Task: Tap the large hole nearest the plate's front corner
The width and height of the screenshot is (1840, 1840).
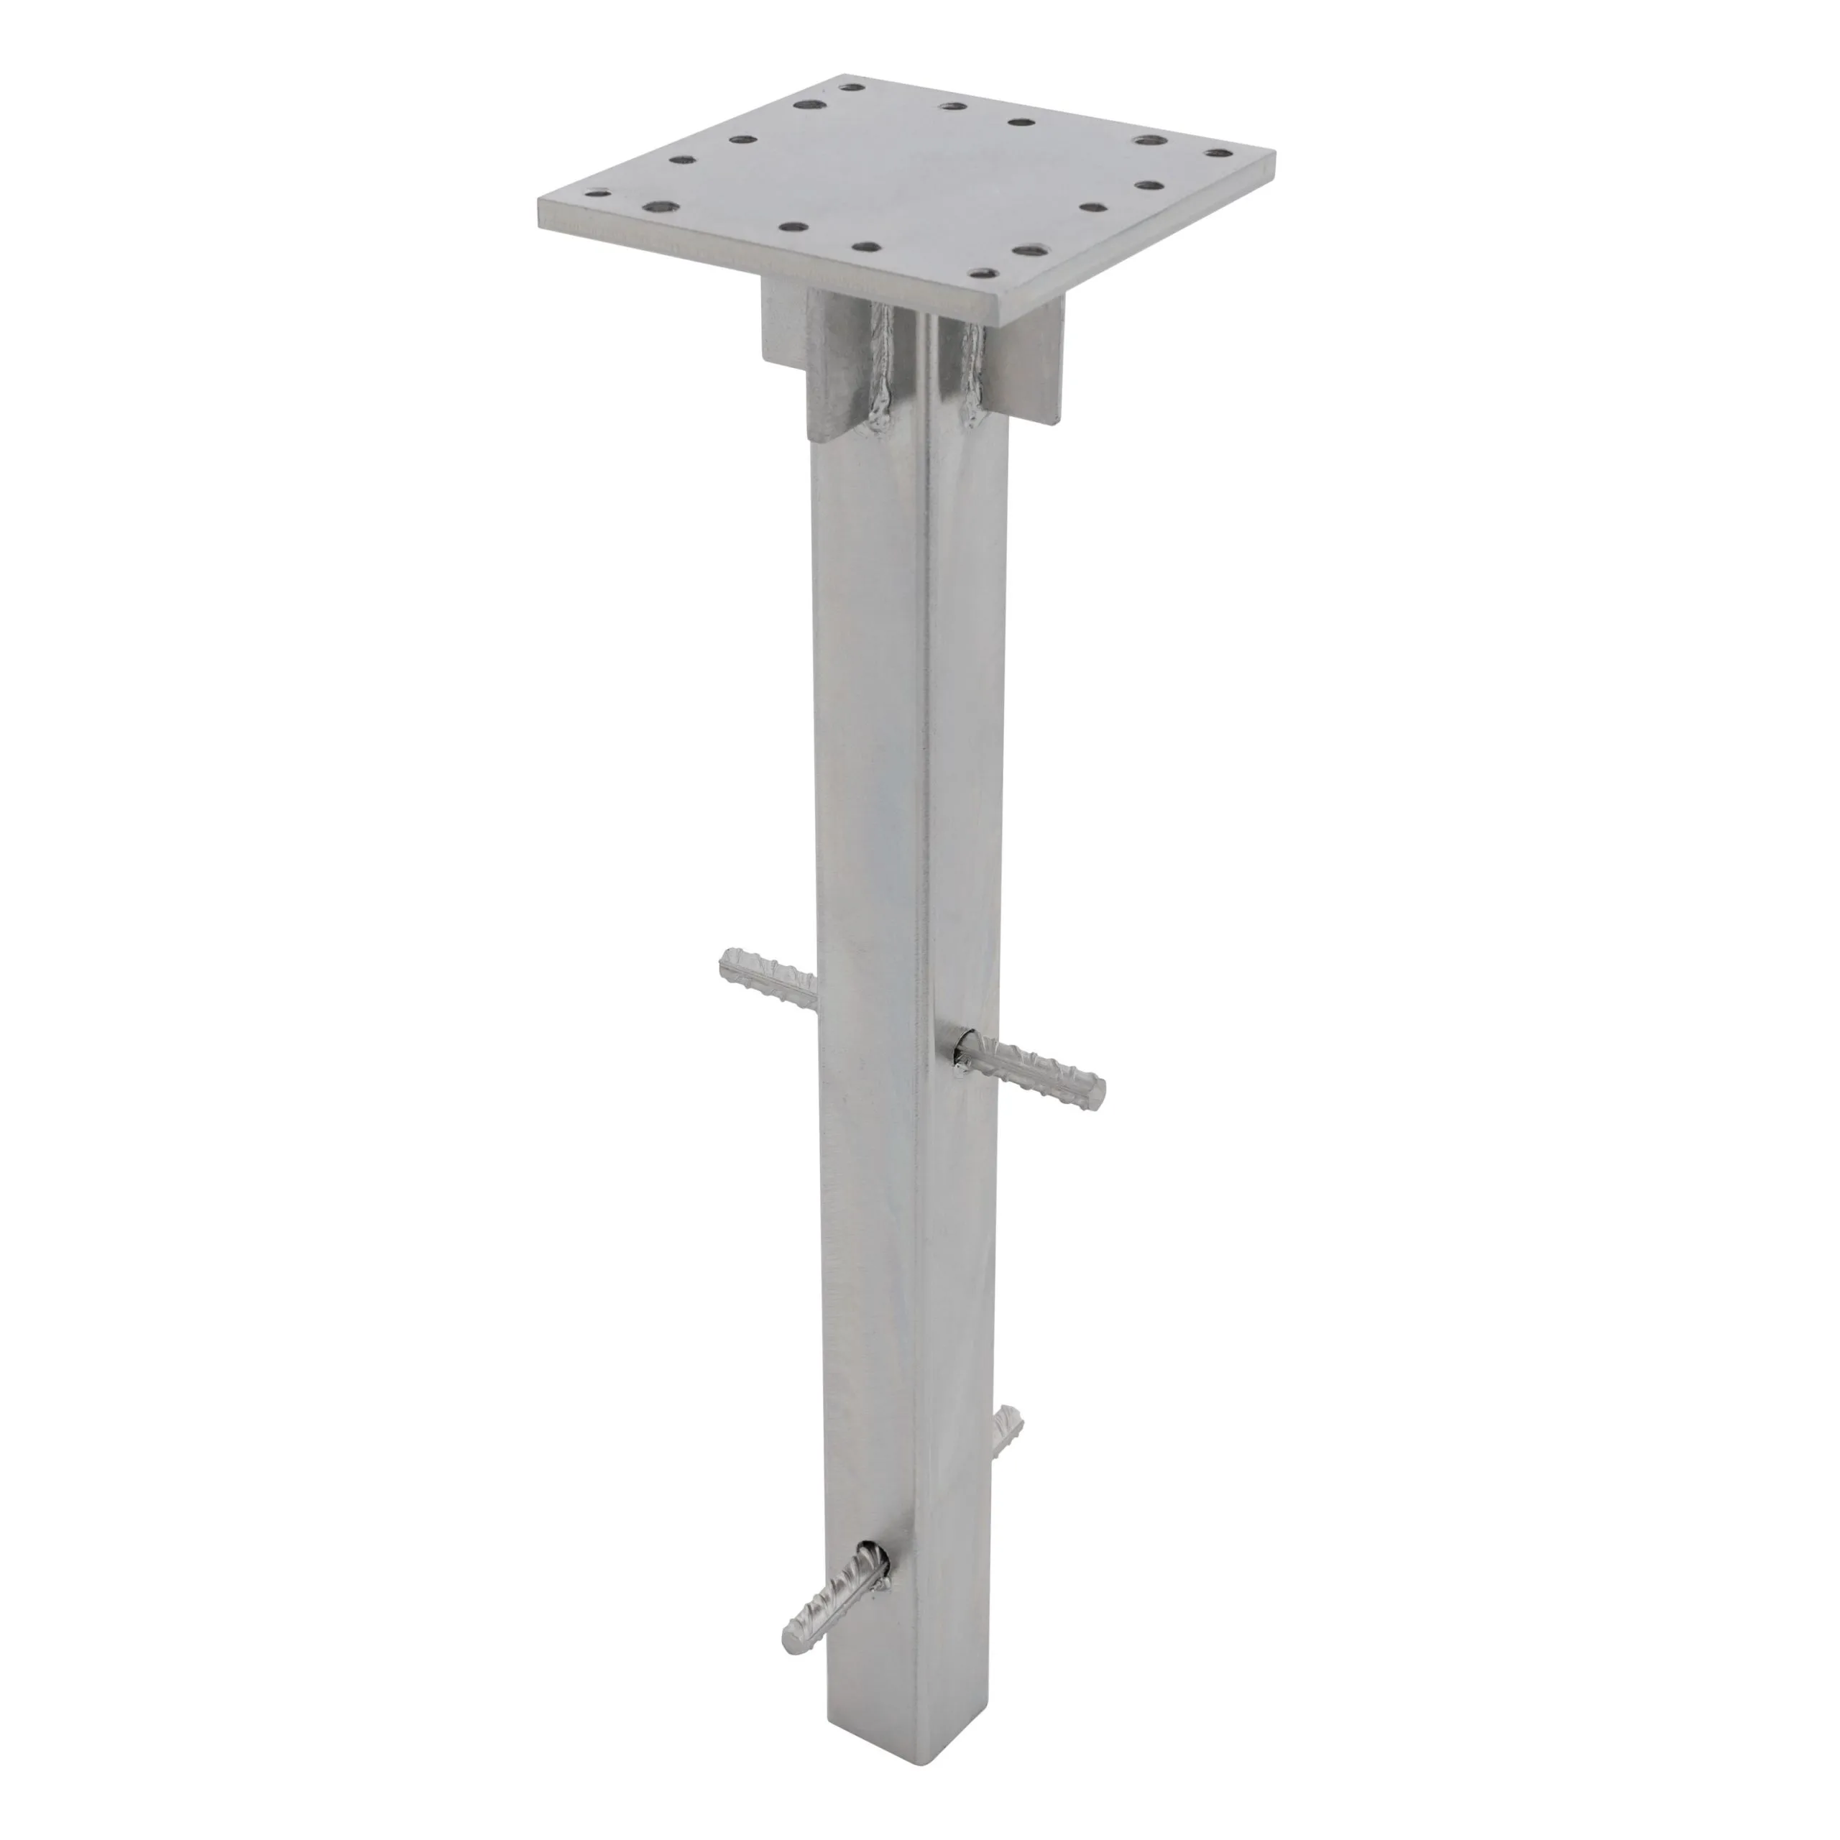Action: pyautogui.click(x=1026, y=250)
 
